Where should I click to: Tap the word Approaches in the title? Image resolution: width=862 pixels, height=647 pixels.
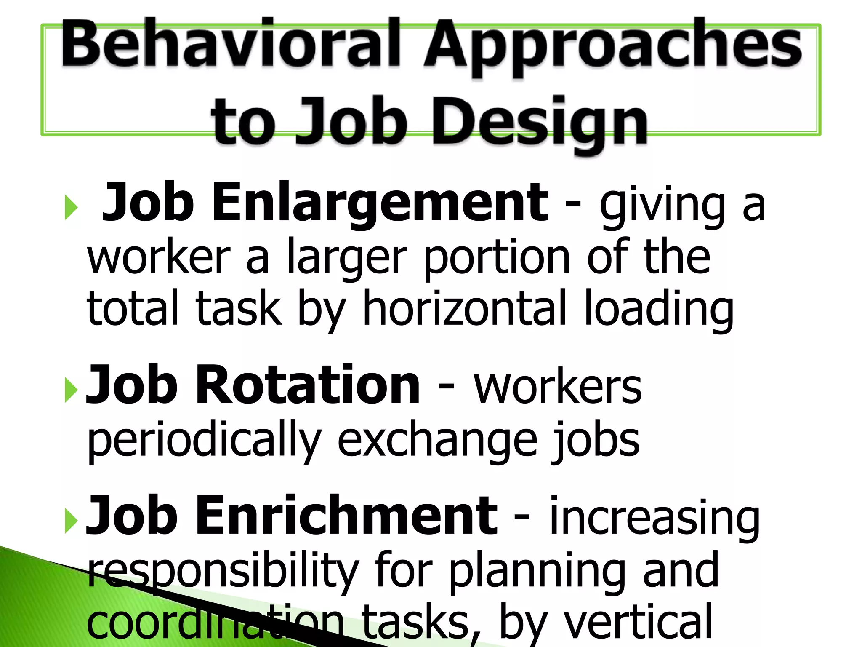tap(612, 46)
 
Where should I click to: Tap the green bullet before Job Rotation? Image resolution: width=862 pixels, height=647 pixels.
tap(72, 390)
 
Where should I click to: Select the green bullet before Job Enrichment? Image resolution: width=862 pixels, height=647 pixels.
tap(72, 521)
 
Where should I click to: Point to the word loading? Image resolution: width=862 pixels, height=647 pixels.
tap(659, 309)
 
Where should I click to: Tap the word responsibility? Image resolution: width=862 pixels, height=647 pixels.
tap(223, 573)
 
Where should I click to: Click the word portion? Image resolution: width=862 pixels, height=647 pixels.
tap(497, 257)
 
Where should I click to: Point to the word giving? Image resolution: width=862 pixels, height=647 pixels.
tap(662, 206)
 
